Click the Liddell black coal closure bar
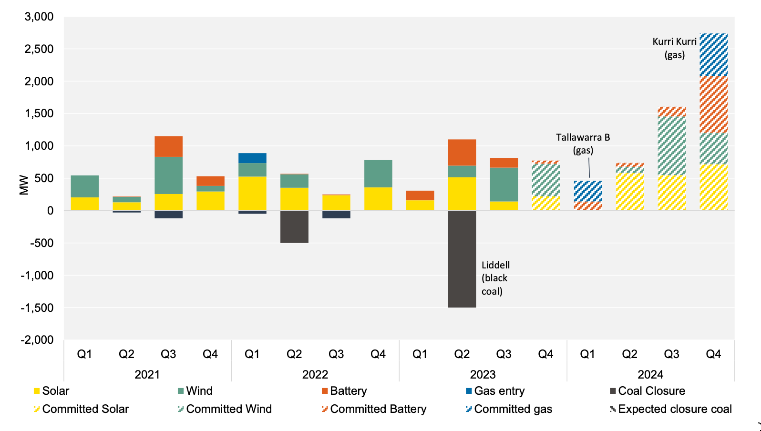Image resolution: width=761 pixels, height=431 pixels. [x=462, y=259]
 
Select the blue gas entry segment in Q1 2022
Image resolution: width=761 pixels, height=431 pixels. [x=252, y=158]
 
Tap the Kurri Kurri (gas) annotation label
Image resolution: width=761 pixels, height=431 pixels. [x=674, y=48]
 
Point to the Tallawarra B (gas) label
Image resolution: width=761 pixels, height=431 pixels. [x=583, y=144]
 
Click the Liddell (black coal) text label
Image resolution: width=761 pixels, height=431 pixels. [x=495, y=278]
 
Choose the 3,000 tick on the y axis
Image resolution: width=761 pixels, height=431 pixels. [x=39, y=17]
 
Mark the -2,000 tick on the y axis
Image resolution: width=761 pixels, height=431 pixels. [x=37, y=340]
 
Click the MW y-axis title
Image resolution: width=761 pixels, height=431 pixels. [x=24, y=185]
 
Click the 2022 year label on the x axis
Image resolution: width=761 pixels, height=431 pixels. [x=315, y=374]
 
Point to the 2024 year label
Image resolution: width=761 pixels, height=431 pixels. [x=650, y=374]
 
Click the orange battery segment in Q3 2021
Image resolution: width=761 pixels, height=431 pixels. [x=168, y=146]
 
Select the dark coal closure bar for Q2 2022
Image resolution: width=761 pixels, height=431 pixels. [x=294, y=226]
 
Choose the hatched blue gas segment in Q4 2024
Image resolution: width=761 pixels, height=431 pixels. [x=713, y=55]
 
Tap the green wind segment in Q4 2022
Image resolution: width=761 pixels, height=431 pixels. [x=378, y=174]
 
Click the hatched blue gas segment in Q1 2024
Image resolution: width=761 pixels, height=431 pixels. [x=587, y=191]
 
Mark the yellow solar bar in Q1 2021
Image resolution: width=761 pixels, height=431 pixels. [x=85, y=204]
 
